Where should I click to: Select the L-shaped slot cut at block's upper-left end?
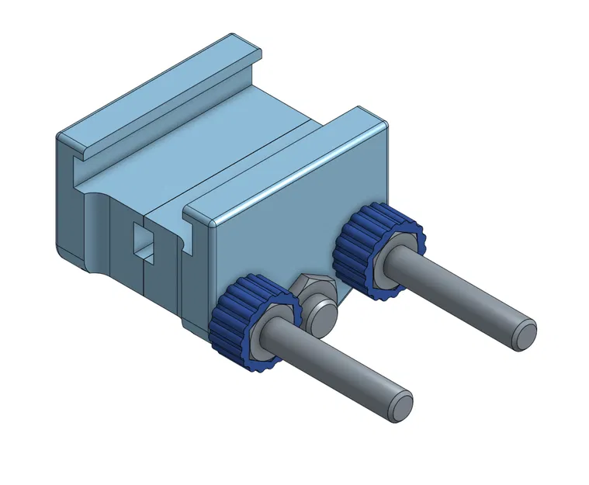pos(78,167)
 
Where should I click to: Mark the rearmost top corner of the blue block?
pos(234,36)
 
